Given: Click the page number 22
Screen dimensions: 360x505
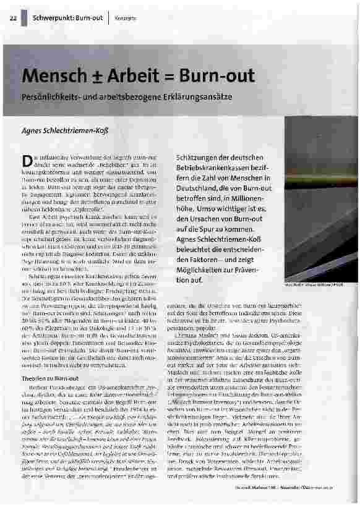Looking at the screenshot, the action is point(13,17).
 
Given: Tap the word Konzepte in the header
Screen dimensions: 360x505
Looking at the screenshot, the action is point(126,17).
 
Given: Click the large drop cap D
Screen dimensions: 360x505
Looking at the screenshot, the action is point(27,163).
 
